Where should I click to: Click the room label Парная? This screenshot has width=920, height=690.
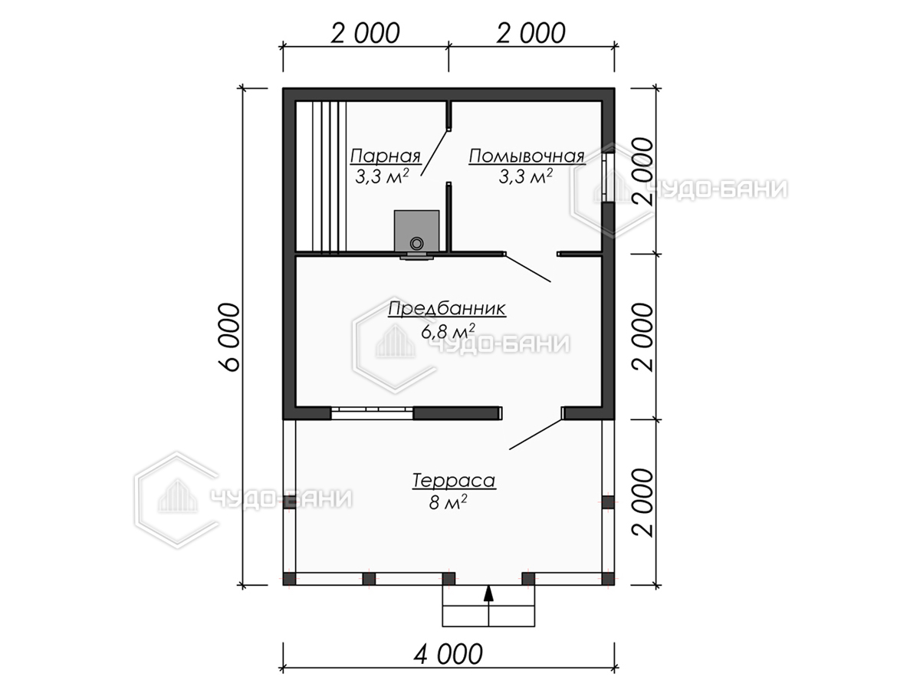click(385, 156)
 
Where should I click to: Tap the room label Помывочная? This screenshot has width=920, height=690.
click(527, 156)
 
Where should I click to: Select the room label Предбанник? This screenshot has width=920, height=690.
click(447, 309)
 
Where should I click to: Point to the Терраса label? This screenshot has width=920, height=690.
click(454, 481)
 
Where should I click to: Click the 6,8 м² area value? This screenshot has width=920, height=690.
click(448, 331)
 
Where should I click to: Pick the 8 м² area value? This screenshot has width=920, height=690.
click(448, 502)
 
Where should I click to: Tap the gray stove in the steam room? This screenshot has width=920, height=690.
click(416, 232)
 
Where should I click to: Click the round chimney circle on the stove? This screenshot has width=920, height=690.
click(416, 243)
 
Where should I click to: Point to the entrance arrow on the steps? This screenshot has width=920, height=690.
click(488, 596)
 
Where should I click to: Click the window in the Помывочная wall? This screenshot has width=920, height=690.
click(608, 178)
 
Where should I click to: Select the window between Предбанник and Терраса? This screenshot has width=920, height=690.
click(372, 412)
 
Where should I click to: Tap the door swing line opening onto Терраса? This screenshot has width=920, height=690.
click(536, 435)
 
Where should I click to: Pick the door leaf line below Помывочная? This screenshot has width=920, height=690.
click(528, 268)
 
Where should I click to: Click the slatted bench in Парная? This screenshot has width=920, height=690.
click(321, 177)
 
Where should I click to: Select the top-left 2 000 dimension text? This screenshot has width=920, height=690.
click(365, 34)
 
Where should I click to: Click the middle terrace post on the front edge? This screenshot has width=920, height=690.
click(449, 579)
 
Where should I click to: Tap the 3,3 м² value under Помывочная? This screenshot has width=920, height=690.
click(526, 176)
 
